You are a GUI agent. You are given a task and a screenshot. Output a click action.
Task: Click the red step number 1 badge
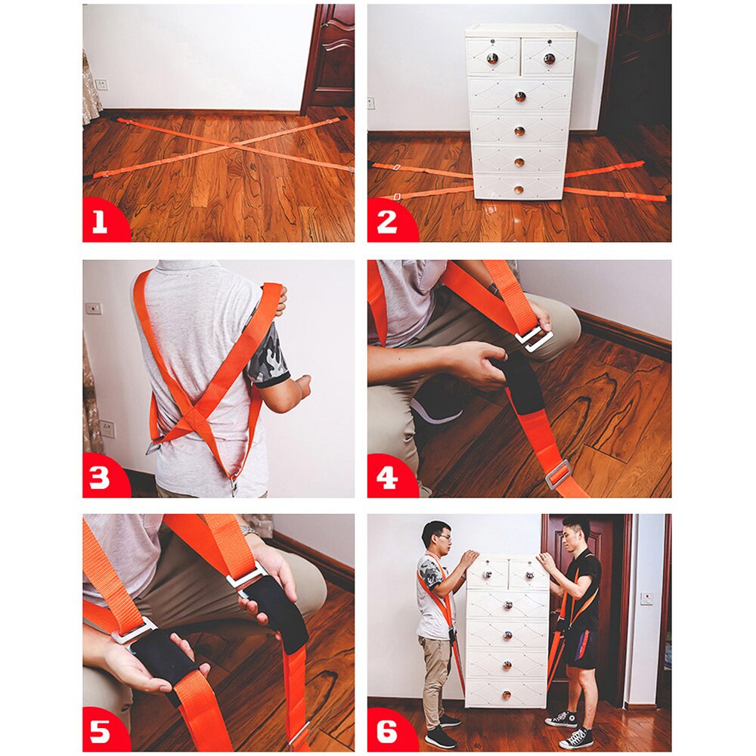pos(100,222)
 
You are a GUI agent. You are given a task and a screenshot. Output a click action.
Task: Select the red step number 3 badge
pos(100,478)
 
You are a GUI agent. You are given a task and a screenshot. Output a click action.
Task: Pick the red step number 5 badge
pos(100,732)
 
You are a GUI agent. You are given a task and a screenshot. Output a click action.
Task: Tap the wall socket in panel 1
pos(101,84)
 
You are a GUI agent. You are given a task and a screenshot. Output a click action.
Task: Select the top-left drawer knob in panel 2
pos(491,58)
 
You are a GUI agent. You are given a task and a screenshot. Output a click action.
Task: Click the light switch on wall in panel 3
pos(93,308)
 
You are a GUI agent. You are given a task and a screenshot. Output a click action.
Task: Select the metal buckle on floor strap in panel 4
pos(558,475)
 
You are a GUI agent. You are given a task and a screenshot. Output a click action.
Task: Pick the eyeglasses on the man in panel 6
pos(442,538)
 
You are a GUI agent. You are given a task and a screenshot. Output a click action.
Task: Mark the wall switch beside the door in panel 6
pos(646,597)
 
